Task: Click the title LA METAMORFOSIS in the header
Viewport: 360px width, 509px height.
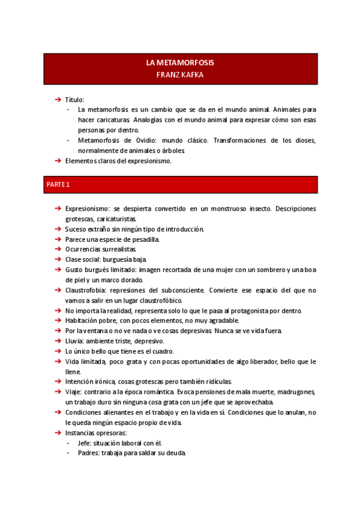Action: pyautogui.click(x=180, y=62)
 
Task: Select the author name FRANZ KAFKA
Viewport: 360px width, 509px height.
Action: pyautogui.click(x=180, y=74)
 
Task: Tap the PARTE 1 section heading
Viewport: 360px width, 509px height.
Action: pyautogui.click(x=58, y=184)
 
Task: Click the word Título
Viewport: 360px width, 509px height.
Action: pyautogui.click(x=74, y=100)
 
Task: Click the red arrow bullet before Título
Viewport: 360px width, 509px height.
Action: pyautogui.click(x=58, y=100)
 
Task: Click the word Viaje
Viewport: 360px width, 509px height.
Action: pyautogui.click(x=74, y=392)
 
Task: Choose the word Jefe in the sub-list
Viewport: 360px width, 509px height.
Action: pyautogui.click(x=85, y=443)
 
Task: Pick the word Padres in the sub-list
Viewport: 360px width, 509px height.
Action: pyautogui.click(x=88, y=453)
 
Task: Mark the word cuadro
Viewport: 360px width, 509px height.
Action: pyautogui.click(x=145, y=351)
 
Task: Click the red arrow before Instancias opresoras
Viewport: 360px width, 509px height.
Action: pyautogui.click(x=58, y=433)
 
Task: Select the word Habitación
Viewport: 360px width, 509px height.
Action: pyautogui.click(x=83, y=321)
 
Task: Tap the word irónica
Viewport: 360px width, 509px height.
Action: pyautogui.click(x=106, y=382)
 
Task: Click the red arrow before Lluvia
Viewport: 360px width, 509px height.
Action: pyautogui.click(x=58, y=341)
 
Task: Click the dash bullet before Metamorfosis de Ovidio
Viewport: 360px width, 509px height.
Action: pyautogui.click(x=69, y=140)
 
